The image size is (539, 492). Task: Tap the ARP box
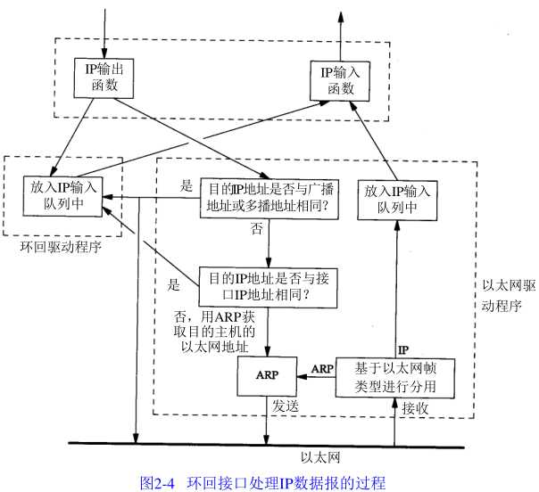264,375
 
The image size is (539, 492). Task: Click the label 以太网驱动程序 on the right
506,294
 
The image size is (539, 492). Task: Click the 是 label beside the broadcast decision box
187,187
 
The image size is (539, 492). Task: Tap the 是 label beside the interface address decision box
174,287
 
